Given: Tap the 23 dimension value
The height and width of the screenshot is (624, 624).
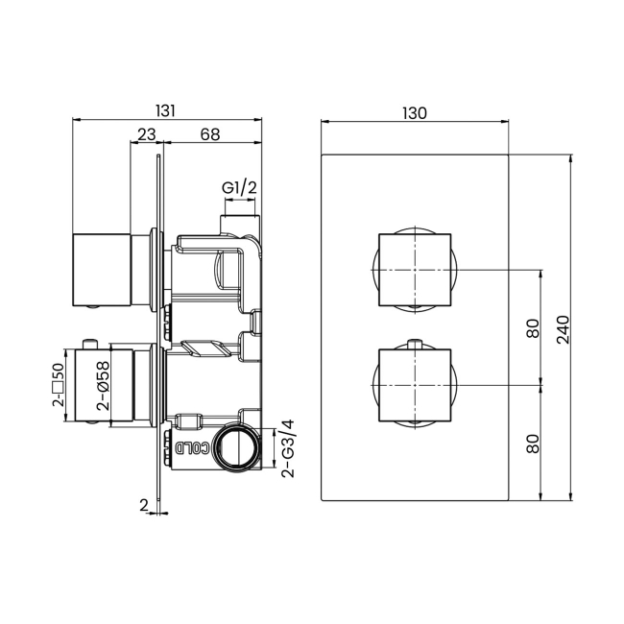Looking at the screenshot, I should point(147,135).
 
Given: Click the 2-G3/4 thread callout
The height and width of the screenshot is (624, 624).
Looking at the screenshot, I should point(286,449).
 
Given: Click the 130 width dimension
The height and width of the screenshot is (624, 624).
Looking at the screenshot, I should point(414,112).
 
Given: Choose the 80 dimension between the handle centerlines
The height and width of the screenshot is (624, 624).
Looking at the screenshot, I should point(533,328).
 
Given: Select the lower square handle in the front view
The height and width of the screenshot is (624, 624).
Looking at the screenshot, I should point(415,386).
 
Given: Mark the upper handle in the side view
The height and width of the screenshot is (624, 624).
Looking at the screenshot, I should point(101,269).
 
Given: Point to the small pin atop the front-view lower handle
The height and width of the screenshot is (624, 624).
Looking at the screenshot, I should point(415,344).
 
